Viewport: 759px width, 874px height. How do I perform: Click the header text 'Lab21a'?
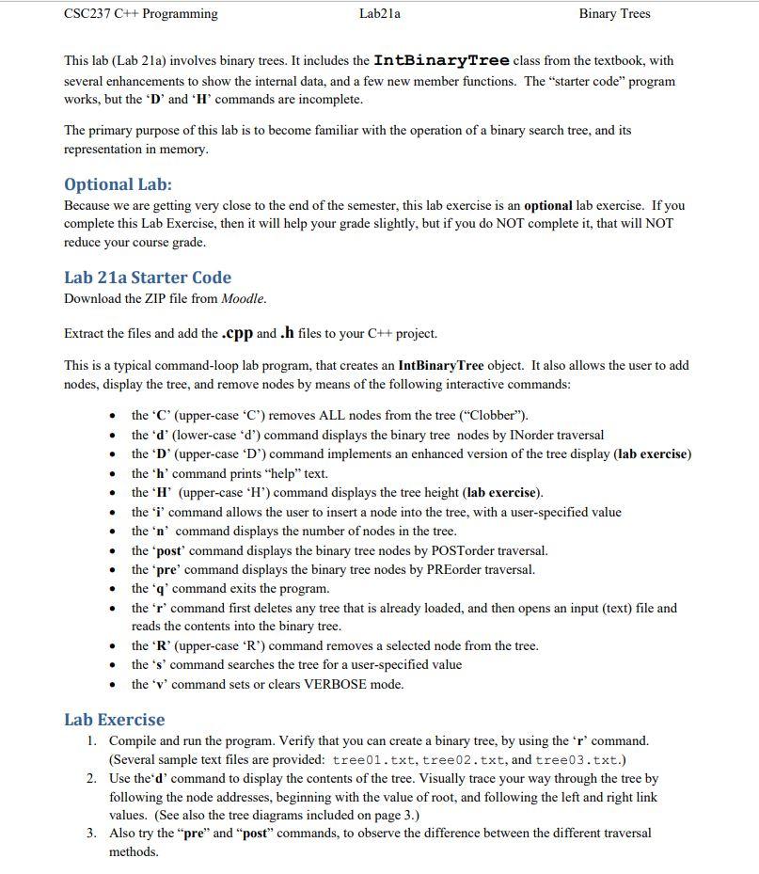click(379, 14)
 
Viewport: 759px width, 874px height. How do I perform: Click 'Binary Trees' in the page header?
click(614, 14)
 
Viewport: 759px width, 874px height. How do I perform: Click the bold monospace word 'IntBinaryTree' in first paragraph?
click(441, 60)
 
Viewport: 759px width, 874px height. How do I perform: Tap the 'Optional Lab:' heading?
click(118, 183)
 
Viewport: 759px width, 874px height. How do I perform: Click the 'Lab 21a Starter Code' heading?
click(147, 278)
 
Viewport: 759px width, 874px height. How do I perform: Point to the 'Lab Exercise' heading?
click(114, 720)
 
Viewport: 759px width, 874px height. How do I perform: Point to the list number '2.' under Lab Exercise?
click(91, 778)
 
